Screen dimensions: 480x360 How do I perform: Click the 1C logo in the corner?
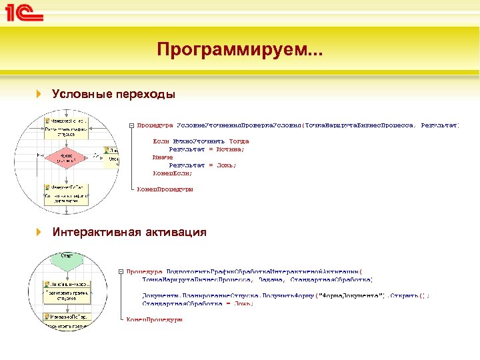[x=25, y=13]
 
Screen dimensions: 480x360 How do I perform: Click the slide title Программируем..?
[x=239, y=50]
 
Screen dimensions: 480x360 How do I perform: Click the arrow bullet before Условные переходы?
[x=39, y=95]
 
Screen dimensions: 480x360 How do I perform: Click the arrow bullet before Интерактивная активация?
[x=39, y=232]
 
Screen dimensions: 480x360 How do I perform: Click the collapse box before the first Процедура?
[x=132, y=125]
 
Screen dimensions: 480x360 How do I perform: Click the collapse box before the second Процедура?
[x=121, y=271]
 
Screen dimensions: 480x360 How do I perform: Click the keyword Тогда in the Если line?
[x=238, y=141]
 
